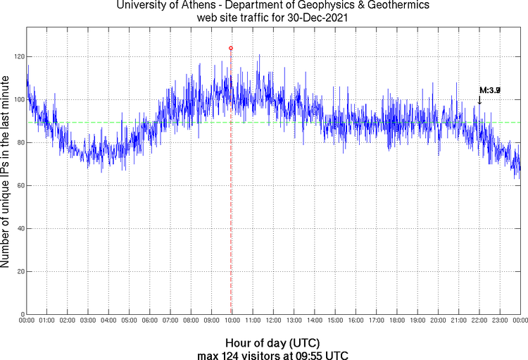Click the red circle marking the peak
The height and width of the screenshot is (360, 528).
(x=231, y=48)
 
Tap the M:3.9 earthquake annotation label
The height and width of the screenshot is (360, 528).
(x=489, y=90)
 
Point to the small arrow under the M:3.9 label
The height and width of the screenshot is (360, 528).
(x=479, y=101)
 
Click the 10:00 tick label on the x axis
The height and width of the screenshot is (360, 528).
(x=232, y=321)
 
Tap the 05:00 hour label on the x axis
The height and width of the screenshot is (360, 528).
(x=130, y=321)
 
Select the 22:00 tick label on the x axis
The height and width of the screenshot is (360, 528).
(x=479, y=321)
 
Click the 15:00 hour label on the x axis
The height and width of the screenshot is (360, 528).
(x=335, y=321)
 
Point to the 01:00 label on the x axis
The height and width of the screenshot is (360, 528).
(x=47, y=321)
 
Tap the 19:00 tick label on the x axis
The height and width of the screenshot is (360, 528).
(x=417, y=321)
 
